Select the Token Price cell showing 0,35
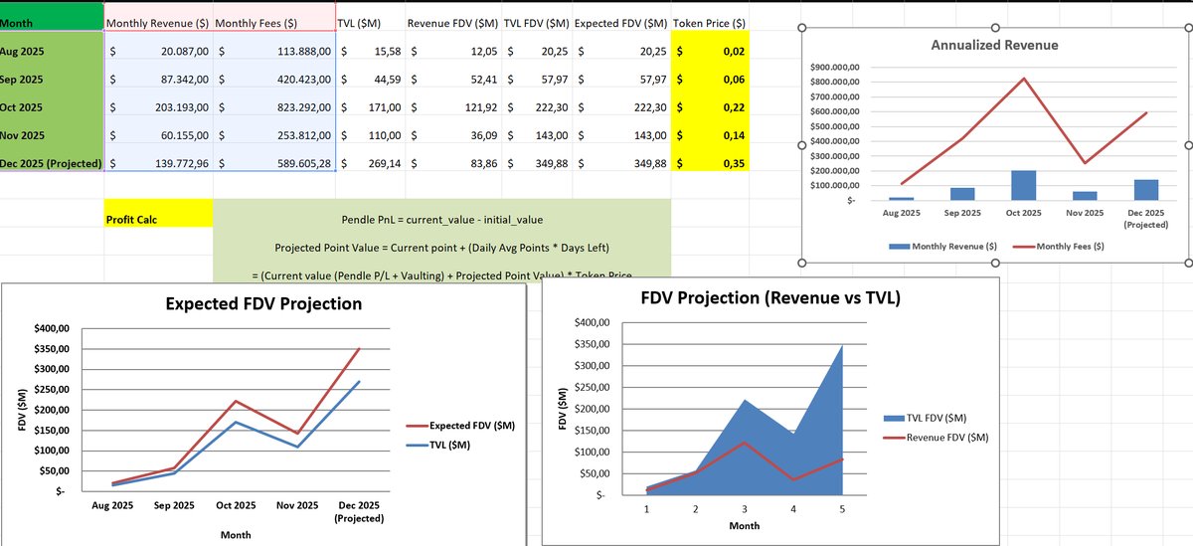(709, 163)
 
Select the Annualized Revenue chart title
(994, 45)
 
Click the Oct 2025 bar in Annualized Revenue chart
(1023, 185)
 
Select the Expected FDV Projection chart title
(263, 303)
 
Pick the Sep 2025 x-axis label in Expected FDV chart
(174, 506)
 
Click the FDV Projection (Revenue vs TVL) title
(771, 297)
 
